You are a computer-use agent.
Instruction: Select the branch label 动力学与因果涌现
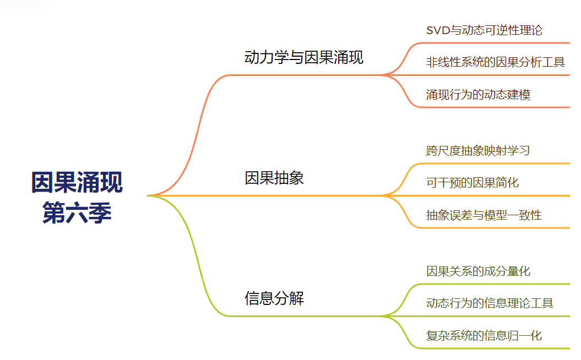click(303, 57)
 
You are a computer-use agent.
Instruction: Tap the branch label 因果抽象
click(274, 178)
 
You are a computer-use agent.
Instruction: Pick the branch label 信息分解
click(274, 298)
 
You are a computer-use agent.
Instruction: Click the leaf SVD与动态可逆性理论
click(484, 30)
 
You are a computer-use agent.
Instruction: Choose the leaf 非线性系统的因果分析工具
click(495, 62)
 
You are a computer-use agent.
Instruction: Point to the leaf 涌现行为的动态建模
click(478, 94)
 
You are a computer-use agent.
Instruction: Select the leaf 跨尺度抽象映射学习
click(478, 150)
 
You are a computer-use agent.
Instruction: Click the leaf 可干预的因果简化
click(473, 182)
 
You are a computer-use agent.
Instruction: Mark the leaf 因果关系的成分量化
click(478, 271)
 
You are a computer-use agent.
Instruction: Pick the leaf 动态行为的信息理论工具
click(490, 303)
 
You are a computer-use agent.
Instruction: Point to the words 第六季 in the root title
click(77, 213)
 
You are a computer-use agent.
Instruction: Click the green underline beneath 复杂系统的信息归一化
click(496, 348)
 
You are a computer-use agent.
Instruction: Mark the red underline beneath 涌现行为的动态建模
click(496, 107)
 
